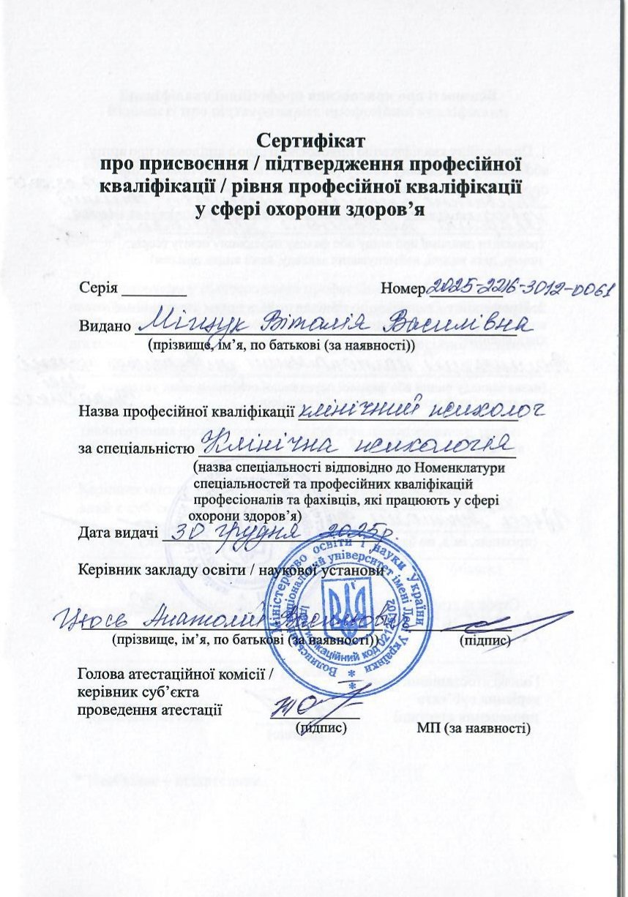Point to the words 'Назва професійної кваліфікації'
[x=186, y=411]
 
